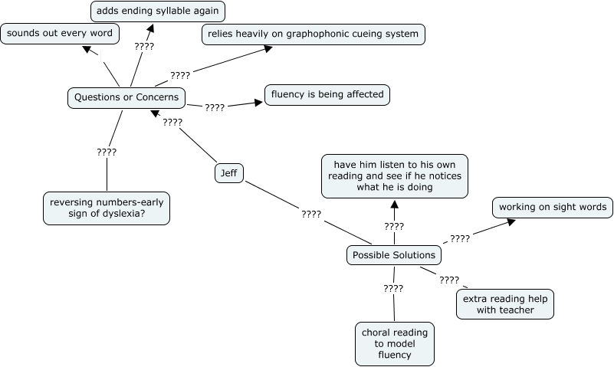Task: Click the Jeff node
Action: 228,173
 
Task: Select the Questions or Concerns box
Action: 126,97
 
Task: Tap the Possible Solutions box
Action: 394,255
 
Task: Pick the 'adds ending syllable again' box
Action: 158,11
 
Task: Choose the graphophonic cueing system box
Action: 314,34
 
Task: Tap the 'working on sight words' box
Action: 552,207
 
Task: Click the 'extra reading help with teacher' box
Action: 505,303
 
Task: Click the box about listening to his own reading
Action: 394,175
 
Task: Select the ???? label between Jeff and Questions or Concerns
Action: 172,122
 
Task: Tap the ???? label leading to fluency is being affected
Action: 215,107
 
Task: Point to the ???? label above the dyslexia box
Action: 107,152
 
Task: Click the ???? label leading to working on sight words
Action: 460,238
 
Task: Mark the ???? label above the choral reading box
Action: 393,288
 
